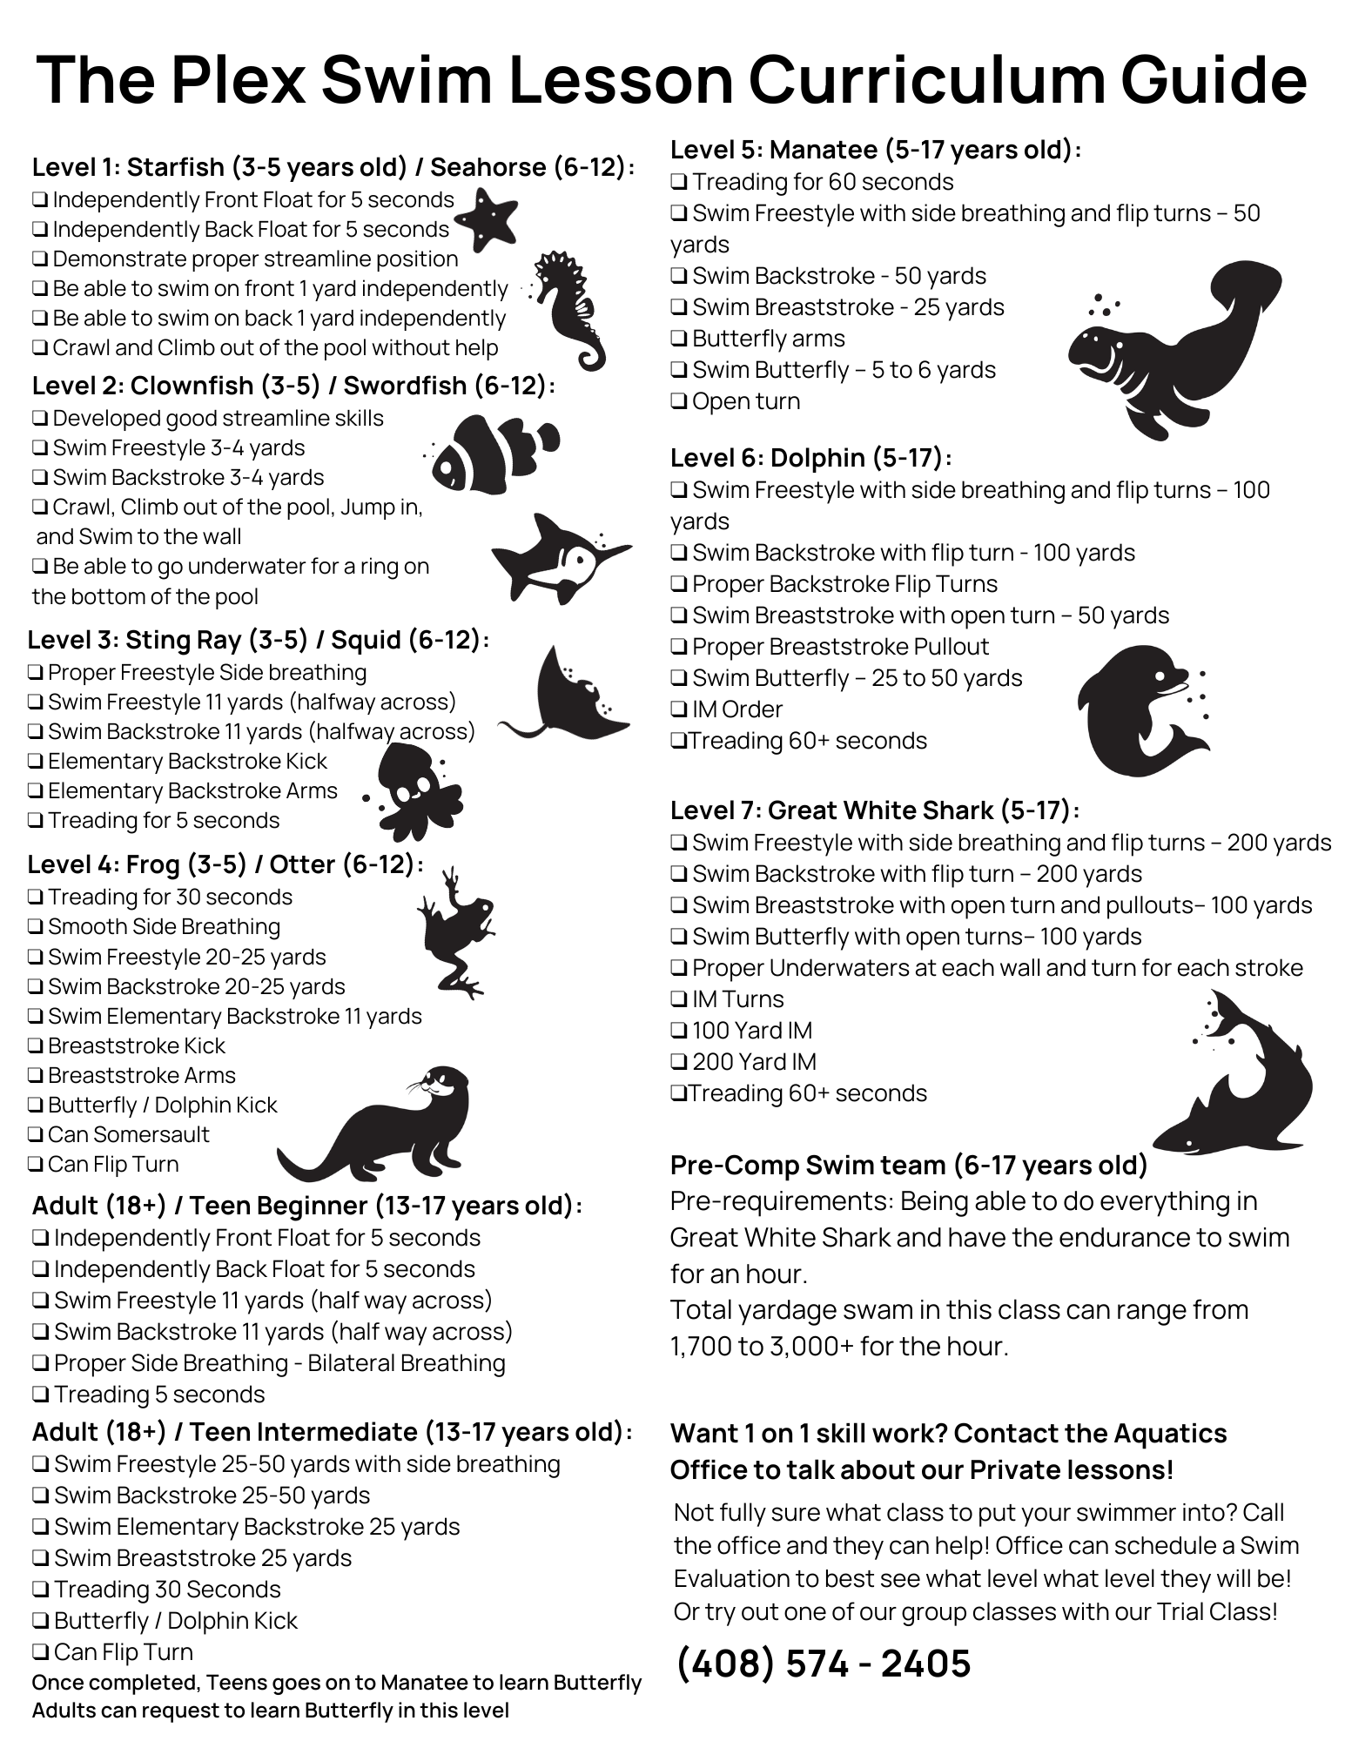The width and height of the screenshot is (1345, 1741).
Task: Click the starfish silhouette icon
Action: click(486, 218)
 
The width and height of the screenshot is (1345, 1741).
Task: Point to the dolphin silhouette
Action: click(1136, 709)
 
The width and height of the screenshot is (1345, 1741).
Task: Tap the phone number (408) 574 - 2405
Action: click(823, 1664)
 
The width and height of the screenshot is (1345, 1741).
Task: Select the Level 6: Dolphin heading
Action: click(810, 458)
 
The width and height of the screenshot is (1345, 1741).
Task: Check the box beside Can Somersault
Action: click(36, 1135)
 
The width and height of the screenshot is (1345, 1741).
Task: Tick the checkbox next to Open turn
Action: click(679, 402)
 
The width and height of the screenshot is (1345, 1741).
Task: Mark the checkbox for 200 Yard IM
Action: click(679, 1063)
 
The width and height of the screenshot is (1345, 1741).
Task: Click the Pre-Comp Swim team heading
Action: click(909, 1165)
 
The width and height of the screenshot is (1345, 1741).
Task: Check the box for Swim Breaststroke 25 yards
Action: click(41, 1558)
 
